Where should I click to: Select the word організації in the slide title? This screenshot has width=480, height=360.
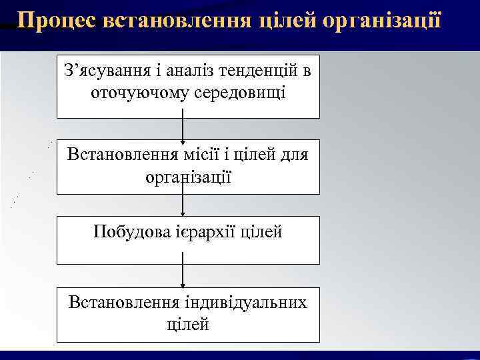click(381, 21)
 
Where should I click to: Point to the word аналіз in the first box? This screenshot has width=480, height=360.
click(189, 70)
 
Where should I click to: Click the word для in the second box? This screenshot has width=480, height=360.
click(293, 155)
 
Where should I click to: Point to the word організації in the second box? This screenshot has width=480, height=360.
click(188, 177)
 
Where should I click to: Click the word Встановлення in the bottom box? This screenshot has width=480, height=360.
click(121, 302)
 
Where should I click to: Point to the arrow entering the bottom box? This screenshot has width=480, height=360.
click(183, 275)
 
